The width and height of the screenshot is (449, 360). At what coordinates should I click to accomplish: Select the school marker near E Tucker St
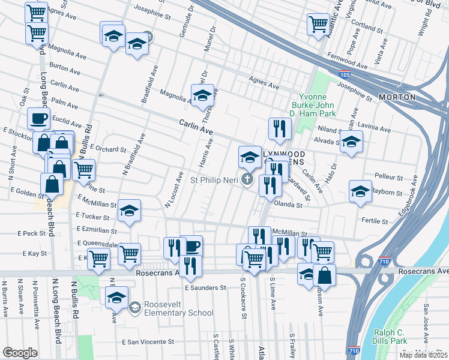(129, 211)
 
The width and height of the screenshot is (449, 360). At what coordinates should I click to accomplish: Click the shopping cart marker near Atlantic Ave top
(318, 24)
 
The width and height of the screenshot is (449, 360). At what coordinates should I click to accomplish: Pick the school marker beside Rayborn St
(360, 191)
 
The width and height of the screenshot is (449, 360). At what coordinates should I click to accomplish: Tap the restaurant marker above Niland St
(280, 128)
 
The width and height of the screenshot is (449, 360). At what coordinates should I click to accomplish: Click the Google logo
(19, 353)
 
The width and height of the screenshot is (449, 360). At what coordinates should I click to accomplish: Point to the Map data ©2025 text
(423, 355)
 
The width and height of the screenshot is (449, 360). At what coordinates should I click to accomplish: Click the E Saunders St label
(205, 287)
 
